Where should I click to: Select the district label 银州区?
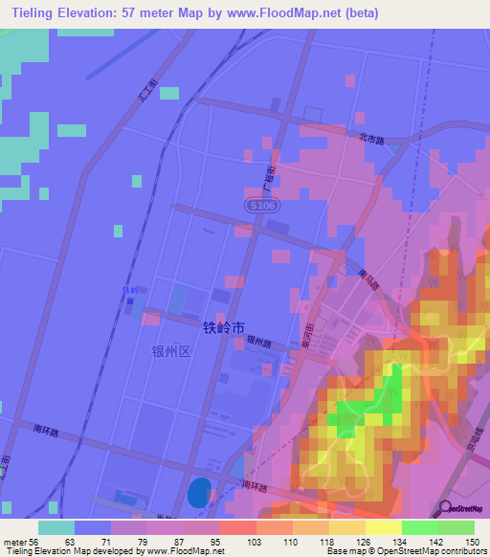(x=172, y=351)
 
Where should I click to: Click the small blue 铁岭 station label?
(x=130, y=291)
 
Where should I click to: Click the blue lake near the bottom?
(x=197, y=492)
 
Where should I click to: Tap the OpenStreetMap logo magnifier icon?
(x=443, y=507)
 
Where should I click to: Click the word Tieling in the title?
(x=35, y=13)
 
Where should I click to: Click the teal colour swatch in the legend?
(x=56, y=527)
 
